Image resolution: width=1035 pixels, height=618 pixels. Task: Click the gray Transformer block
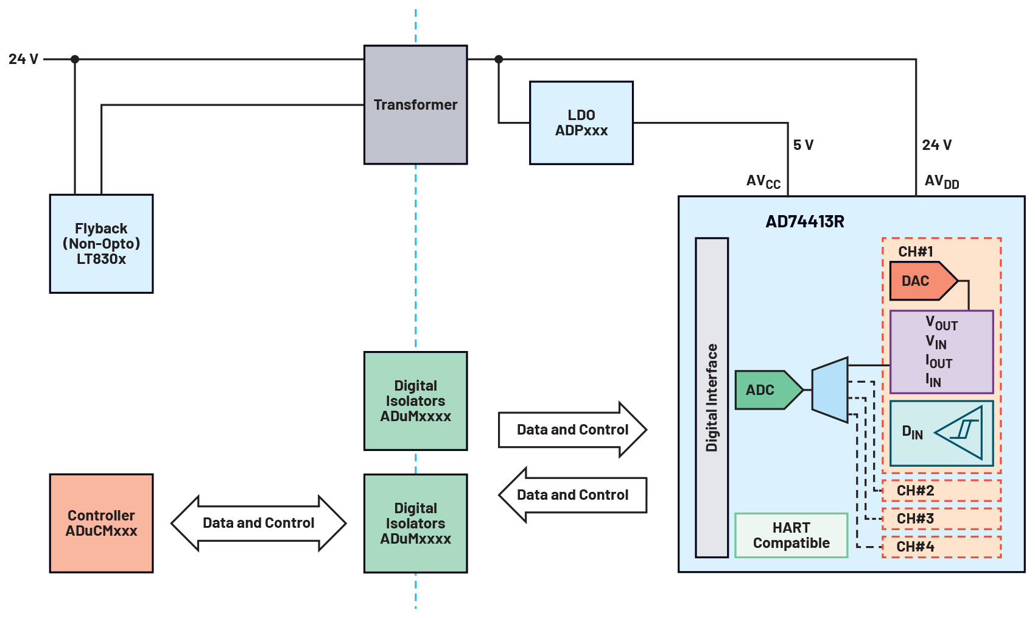pos(415,105)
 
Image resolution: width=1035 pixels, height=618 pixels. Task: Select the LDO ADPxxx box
pos(581,123)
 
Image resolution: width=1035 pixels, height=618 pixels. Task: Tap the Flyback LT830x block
pos(101,244)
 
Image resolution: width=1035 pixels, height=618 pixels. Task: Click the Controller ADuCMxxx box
pos(101,523)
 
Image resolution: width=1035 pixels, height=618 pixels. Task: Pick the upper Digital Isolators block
pos(415,401)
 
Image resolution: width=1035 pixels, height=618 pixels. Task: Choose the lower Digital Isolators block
pos(415,523)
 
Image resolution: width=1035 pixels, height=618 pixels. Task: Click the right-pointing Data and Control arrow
pos(572,430)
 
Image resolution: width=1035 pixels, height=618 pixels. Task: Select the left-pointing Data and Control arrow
pos(572,495)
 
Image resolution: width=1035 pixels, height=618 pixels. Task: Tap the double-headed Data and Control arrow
pos(258,523)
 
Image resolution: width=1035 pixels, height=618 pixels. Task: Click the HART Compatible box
pos(791,535)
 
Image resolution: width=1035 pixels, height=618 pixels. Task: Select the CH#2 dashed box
pos(941,491)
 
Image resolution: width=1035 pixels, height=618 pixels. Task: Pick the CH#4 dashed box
pos(941,547)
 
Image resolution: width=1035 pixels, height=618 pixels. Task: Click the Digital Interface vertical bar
pos(712,397)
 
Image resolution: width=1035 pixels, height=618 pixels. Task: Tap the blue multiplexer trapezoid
pos(830,390)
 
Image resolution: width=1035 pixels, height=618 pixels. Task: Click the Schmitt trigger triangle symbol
pos(962,432)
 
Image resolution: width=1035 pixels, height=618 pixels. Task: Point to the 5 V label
pos(803,145)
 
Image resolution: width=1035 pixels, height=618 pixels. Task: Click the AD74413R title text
pos(804,222)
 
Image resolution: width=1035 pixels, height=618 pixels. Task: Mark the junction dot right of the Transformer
pos(499,59)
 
